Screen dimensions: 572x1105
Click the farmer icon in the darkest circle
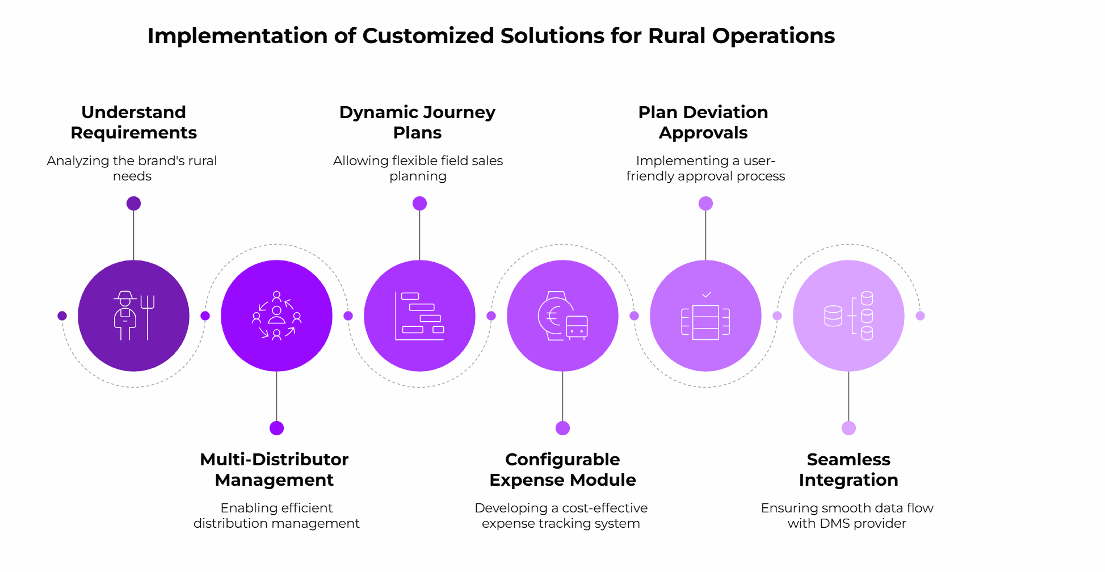click(125, 316)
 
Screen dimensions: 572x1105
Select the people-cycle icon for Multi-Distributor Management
click(276, 316)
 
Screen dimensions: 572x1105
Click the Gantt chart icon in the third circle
click(419, 316)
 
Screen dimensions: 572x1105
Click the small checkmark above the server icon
click(707, 295)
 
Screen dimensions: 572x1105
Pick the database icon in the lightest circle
click(848, 316)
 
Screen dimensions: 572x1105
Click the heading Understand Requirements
click(133, 122)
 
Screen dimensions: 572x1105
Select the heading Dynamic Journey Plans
click(417, 122)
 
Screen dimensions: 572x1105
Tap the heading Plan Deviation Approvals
click(703, 122)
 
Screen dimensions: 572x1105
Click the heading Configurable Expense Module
click(562, 469)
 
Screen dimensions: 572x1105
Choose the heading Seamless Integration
click(848, 469)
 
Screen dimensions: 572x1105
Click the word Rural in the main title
click(677, 36)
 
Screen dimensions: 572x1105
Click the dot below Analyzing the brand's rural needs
click(133, 203)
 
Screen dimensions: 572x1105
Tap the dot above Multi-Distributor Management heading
click(276, 428)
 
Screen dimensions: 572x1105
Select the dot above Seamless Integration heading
click(848, 428)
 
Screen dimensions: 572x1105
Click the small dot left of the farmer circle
click(62, 316)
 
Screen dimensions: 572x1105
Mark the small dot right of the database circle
click(920, 316)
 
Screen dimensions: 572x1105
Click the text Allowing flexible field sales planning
click(418, 168)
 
